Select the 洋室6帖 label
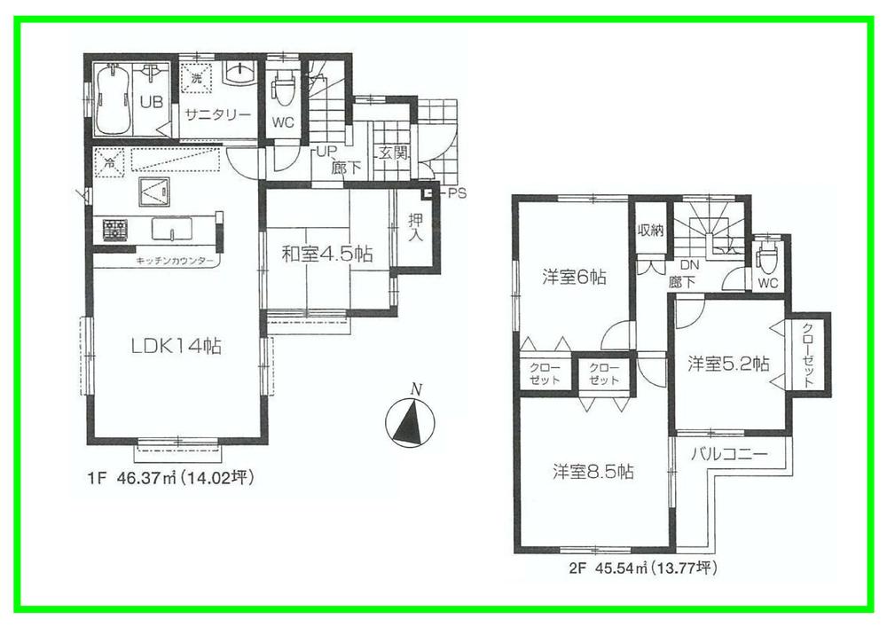574,278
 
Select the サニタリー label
217,114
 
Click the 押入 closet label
415,231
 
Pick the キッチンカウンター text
175,262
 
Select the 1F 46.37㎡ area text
171,479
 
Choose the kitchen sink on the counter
171,229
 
